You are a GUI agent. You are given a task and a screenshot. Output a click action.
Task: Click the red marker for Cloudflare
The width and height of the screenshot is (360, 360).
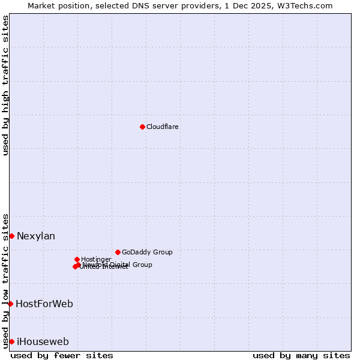click(x=142, y=127)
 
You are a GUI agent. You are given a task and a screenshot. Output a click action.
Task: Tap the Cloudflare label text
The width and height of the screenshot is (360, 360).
click(x=163, y=127)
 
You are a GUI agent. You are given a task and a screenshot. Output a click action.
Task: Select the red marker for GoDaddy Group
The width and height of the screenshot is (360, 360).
click(x=118, y=252)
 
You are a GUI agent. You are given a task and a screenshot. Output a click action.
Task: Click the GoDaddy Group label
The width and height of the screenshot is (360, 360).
click(x=147, y=252)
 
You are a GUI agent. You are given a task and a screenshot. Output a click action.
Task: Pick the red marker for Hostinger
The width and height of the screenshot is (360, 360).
click(x=77, y=259)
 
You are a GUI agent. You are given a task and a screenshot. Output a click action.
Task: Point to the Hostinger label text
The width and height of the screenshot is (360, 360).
click(x=96, y=259)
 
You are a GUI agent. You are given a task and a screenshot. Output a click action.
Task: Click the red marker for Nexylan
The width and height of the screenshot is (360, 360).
click(x=11, y=236)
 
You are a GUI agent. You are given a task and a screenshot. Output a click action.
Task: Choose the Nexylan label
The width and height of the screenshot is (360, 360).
click(x=36, y=236)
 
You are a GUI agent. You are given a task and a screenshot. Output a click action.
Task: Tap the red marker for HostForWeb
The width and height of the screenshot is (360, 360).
click(x=10, y=304)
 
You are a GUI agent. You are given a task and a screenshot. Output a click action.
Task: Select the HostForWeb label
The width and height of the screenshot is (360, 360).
click(x=44, y=304)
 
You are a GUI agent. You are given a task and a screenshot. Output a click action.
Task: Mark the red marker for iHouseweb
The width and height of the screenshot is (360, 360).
click(x=11, y=341)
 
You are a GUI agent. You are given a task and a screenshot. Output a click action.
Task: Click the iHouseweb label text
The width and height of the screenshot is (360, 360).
click(x=43, y=342)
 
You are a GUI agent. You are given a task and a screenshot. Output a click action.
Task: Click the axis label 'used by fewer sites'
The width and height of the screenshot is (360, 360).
click(x=62, y=355)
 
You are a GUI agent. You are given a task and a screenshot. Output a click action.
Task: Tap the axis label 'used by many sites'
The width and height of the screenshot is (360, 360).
click(x=301, y=355)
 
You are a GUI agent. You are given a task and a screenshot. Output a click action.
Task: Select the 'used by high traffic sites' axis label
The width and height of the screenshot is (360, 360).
click(x=6, y=85)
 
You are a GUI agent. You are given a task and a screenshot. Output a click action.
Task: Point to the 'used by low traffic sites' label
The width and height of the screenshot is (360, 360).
click(x=6, y=281)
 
